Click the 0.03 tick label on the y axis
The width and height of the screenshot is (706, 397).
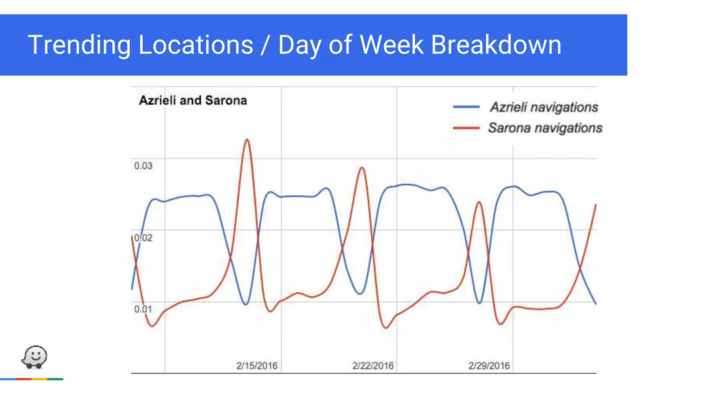tap(143, 166)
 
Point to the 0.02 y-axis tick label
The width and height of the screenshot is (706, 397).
tap(143, 238)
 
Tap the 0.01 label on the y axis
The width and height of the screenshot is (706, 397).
tap(143, 309)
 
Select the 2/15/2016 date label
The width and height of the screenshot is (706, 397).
tap(257, 366)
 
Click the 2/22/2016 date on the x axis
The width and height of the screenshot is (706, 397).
tap(373, 366)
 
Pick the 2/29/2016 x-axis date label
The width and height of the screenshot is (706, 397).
tap(489, 366)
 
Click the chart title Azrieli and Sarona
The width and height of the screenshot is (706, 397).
tap(193, 101)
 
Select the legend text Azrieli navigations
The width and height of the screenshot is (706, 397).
tap(544, 107)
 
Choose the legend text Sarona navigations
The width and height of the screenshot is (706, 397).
tap(545, 128)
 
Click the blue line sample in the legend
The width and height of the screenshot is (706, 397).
tap(466, 107)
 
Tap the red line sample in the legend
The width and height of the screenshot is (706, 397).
tap(466, 128)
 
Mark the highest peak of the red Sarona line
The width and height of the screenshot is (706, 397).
tap(247, 140)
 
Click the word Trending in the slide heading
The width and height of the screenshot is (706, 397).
tap(79, 45)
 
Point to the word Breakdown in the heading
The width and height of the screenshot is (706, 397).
tap(496, 45)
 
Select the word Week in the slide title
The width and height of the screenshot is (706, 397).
tap(391, 45)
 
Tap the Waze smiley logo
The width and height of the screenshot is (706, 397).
tap(34, 357)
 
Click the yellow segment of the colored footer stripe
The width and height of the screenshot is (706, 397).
tap(39, 379)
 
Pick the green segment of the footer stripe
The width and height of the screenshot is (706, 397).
tap(55, 379)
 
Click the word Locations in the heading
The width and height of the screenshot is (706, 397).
tap(196, 45)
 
